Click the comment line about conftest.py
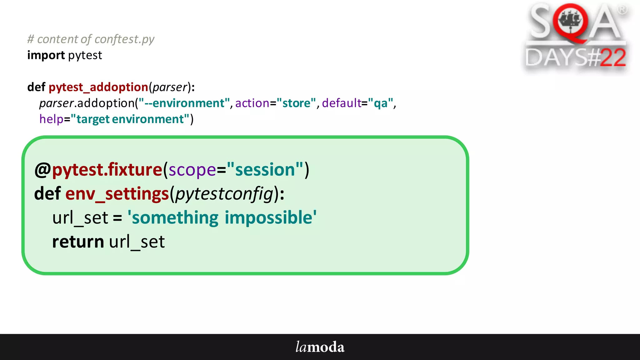coord(91,39)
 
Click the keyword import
coord(46,55)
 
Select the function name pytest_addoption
coord(98,87)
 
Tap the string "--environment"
coord(184,103)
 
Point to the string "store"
coord(296,103)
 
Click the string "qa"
coord(380,103)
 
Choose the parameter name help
coord(51,119)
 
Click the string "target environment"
coord(130,119)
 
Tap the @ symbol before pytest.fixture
coord(42,170)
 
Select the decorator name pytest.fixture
coord(107,170)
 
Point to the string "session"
coord(265,170)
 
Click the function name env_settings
coord(117,194)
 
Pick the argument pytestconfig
coord(224,194)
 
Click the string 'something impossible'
coord(222,217)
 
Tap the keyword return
coord(78,242)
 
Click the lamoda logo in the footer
coord(320,347)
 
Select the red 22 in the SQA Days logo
coord(613,58)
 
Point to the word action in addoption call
coord(252,103)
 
